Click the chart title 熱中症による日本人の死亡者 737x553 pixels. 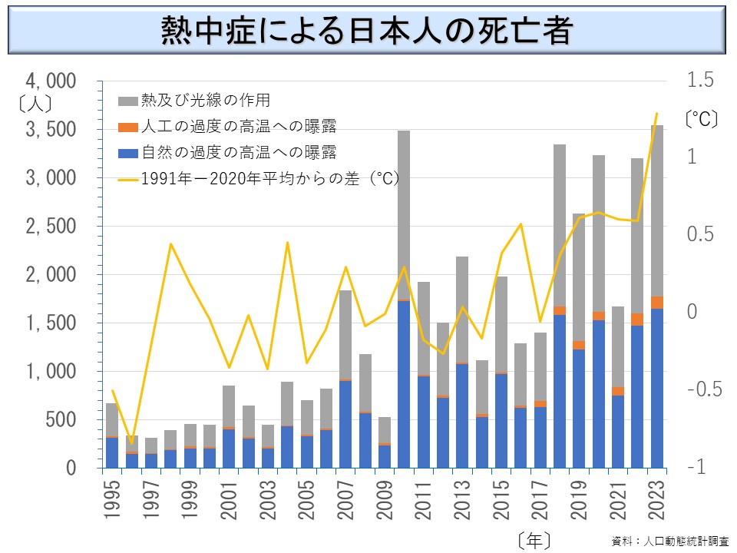[x=367, y=31]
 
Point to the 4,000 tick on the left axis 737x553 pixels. [x=50, y=81]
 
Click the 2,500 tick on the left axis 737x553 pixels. [x=50, y=227]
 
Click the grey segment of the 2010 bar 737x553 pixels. [x=404, y=215]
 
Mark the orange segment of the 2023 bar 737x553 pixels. [x=656, y=303]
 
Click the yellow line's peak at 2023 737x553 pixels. [x=656, y=114]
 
